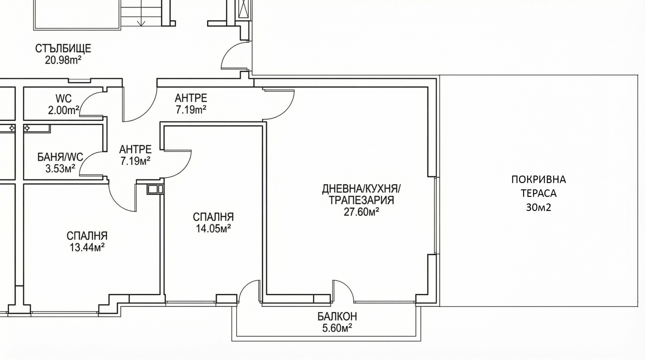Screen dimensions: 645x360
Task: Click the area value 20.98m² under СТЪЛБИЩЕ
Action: pyautogui.click(x=63, y=60)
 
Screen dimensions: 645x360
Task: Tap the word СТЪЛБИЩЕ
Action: pyautogui.click(x=63, y=48)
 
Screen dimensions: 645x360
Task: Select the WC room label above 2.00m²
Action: pyautogui.click(x=64, y=98)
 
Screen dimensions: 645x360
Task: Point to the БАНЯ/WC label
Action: pyautogui.click(x=60, y=157)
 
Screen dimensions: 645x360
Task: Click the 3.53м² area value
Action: pyautogui.click(x=60, y=169)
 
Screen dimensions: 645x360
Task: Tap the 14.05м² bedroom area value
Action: pyautogui.click(x=213, y=229)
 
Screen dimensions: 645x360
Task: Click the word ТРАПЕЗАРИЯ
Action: pyautogui.click(x=361, y=200)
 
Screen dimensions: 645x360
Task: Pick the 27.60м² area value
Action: pyautogui.click(x=361, y=212)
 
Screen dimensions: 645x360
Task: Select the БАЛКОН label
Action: pyautogui.click(x=337, y=316)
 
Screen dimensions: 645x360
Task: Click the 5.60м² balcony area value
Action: pyautogui.click(x=337, y=328)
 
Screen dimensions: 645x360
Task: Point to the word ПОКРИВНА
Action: pyautogui.click(x=539, y=180)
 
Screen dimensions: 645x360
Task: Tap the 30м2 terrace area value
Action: pyautogui.click(x=539, y=207)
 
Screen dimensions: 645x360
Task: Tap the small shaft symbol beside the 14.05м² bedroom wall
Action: pyautogui.click(x=155, y=189)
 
